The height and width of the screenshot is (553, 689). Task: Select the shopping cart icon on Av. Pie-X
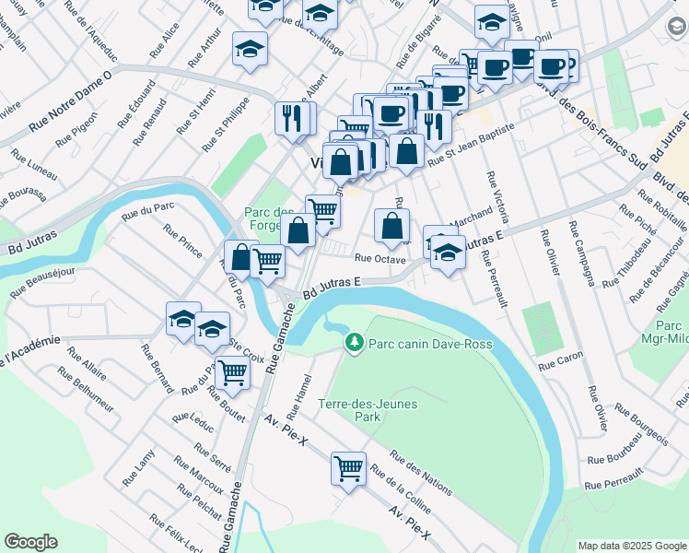(348, 468)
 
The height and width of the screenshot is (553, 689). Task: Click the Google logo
(30, 542)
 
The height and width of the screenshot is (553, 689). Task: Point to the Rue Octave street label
(380, 260)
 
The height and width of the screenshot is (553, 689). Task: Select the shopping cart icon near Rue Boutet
(232, 372)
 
